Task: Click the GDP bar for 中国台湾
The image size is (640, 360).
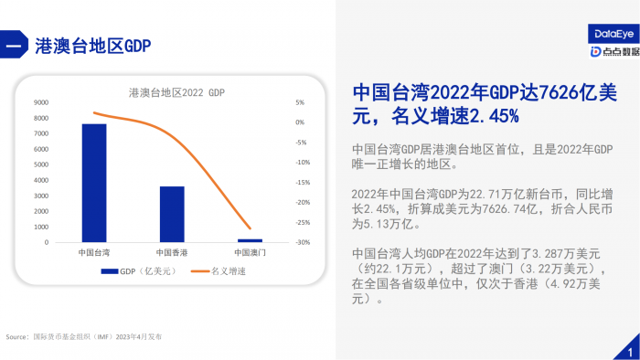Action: [x=94, y=183]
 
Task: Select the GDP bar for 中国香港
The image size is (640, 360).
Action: [x=172, y=215]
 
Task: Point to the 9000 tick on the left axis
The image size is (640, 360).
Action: [x=41, y=102]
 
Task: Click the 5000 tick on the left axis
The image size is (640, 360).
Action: [x=41, y=164]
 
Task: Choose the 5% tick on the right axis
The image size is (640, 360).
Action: [x=300, y=102]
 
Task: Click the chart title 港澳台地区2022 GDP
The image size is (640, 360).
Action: [x=176, y=92]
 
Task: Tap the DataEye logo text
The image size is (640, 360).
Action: [x=606, y=34]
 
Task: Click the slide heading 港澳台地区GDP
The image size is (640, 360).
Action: [x=92, y=45]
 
